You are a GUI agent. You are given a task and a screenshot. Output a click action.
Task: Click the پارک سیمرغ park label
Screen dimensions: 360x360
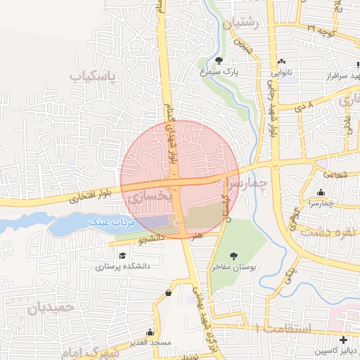(x=218, y=72)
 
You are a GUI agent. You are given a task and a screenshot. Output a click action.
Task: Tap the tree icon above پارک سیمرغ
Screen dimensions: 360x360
(x=219, y=60)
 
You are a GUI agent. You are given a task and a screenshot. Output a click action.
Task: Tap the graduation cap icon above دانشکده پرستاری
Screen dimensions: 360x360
(x=123, y=256)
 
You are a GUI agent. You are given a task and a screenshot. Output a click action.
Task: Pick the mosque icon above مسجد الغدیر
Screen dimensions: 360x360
(x=150, y=333)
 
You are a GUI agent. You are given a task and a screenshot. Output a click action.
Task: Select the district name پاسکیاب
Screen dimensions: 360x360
(x=96, y=74)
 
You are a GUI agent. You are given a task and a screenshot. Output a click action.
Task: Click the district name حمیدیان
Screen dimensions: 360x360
(x=51, y=307)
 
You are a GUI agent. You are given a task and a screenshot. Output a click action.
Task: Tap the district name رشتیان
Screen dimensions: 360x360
(x=241, y=23)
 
